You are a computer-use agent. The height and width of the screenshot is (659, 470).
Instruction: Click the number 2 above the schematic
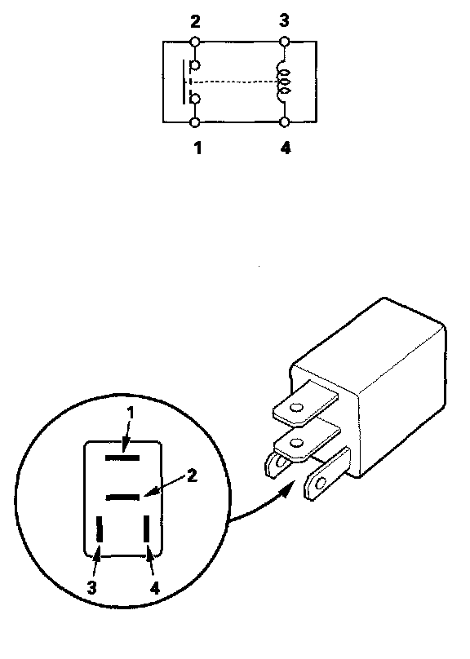click(195, 22)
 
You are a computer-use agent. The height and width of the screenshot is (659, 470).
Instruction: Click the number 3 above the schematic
click(284, 20)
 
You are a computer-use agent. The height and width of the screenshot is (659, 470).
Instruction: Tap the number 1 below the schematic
click(197, 148)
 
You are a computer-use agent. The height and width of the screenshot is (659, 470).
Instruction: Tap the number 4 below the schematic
click(285, 148)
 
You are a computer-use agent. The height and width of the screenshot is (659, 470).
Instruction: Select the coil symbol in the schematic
click(283, 82)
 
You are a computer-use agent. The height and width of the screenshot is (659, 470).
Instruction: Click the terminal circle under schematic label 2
click(195, 42)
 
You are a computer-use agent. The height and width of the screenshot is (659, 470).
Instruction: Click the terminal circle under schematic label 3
click(285, 42)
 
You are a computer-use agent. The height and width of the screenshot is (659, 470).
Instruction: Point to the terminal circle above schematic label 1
click(195, 122)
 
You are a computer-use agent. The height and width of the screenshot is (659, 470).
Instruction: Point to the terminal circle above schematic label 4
click(285, 122)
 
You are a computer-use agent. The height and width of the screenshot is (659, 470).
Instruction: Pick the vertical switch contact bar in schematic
click(184, 82)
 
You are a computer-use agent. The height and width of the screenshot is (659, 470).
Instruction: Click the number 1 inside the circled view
click(131, 413)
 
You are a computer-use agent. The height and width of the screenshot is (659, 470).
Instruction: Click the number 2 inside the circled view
click(192, 475)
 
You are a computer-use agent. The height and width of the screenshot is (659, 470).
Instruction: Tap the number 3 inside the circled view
click(91, 587)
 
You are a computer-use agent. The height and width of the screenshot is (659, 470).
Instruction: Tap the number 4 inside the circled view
click(155, 588)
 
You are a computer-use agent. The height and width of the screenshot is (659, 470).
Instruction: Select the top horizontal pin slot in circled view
click(122, 458)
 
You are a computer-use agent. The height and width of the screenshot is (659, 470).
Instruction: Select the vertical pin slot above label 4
click(147, 529)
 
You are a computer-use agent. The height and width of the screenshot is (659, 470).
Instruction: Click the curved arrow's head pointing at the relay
click(287, 490)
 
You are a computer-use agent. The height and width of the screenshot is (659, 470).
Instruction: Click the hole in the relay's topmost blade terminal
click(296, 407)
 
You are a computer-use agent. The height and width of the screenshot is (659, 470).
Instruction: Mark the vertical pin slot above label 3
click(100, 529)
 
